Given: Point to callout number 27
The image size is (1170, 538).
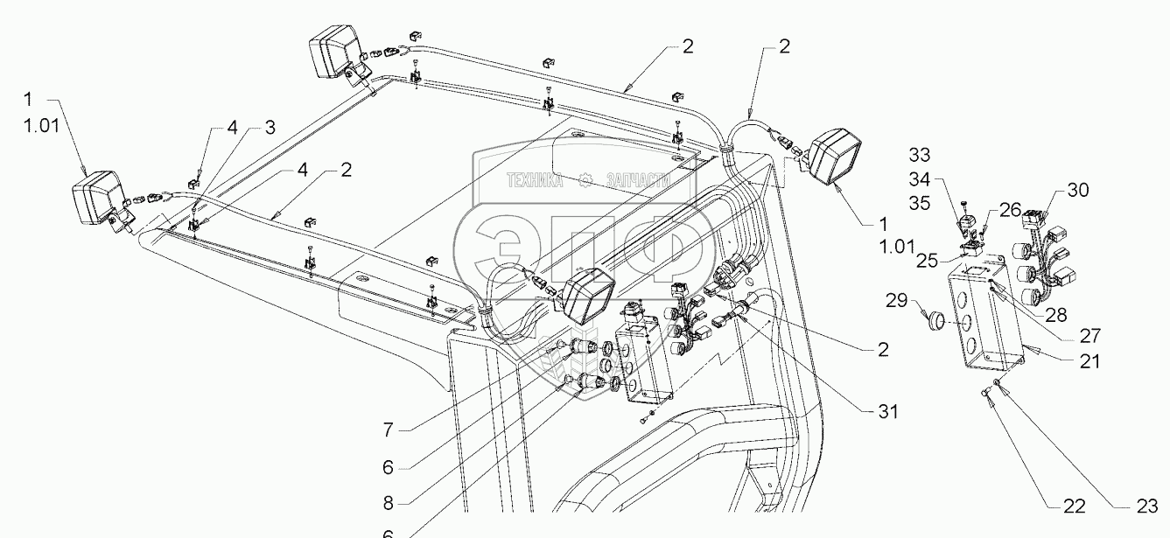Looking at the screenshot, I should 1089,334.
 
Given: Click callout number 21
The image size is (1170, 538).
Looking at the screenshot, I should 1090,361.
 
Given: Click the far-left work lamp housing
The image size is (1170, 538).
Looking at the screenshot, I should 96,199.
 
